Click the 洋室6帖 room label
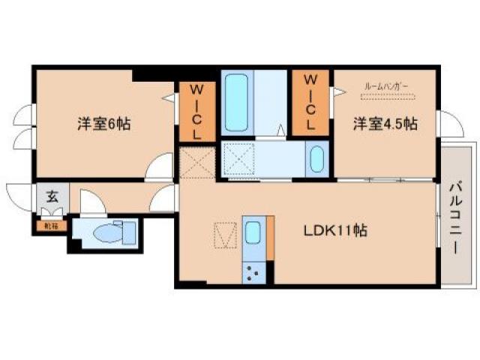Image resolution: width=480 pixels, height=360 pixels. (103, 124)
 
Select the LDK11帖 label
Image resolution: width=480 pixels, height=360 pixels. (334, 232)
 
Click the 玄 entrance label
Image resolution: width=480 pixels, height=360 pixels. (53, 198)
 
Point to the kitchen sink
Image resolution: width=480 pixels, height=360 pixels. (253, 235)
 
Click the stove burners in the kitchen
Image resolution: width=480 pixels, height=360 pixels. (253, 274)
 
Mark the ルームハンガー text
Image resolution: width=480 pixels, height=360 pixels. (385, 88)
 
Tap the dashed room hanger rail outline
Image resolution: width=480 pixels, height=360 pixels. (385, 97)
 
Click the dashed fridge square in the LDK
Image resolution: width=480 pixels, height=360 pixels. (223, 235)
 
